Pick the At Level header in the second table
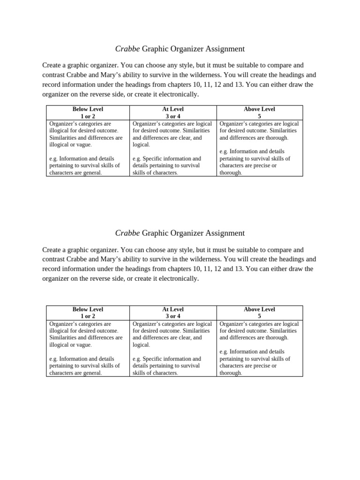click(173, 309)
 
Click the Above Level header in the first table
click(259, 109)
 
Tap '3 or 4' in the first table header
click(173, 116)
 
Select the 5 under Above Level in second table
click(259, 316)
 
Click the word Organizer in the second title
click(187, 233)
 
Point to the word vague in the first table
click(84, 145)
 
